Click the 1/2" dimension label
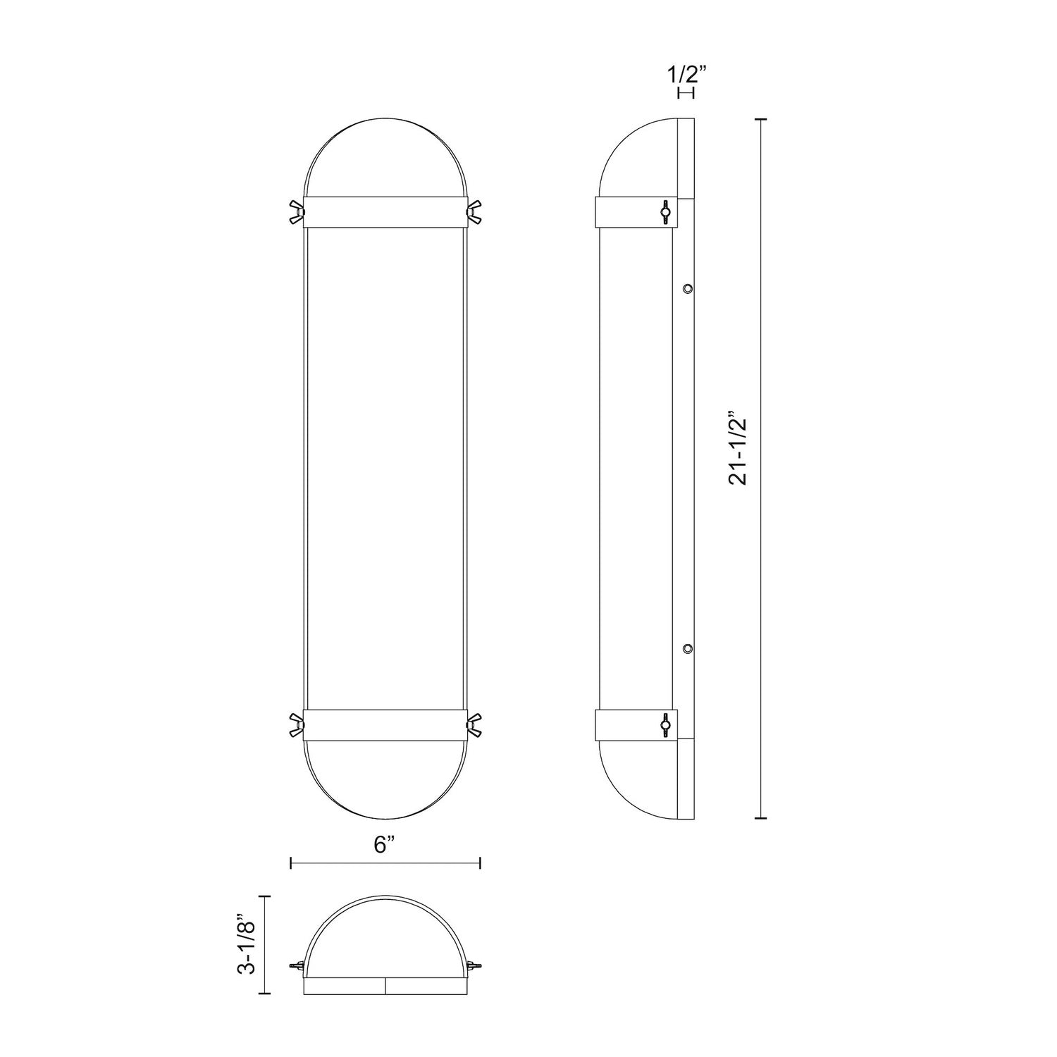click(685, 74)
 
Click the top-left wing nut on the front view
click(295, 212)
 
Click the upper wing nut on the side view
click(665, 211)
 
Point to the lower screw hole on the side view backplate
click(688, 648)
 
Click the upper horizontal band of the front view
click(385, 212)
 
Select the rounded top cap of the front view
click(385, 159)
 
